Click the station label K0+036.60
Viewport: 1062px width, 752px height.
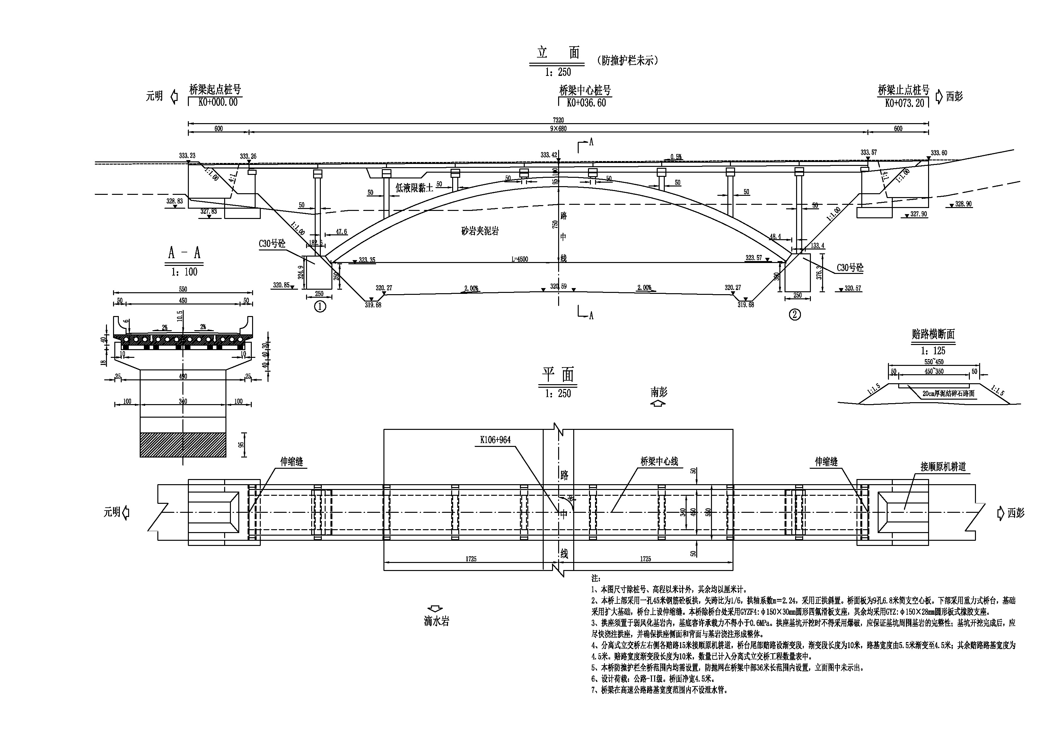point(586,103)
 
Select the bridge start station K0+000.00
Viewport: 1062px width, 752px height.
point(218,102)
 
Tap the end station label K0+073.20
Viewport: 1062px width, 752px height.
point(904,103)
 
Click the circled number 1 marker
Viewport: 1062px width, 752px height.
point(320,306)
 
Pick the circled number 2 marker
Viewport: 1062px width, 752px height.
point(794,315)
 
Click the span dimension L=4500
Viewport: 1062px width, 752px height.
point(520,259)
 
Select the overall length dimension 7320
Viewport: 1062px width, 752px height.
point(558,120)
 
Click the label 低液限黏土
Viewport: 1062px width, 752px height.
point(414,187)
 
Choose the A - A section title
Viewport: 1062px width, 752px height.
point(184,253)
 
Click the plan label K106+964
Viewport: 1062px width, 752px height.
point(496,440)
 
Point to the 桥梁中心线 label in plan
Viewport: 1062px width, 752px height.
point(659,461)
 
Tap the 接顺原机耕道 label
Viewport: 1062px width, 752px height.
point(943,467)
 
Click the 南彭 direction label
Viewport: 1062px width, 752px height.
point(659,393)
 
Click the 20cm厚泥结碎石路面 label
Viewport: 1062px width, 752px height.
point(948,394)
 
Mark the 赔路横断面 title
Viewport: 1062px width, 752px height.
point(933,334)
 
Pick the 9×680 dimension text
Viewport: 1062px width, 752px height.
point(558,129)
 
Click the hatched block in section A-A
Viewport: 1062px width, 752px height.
point(183,445)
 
